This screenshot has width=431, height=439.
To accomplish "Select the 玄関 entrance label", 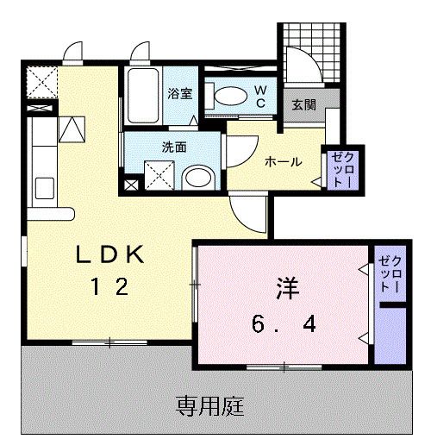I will click(303, 104).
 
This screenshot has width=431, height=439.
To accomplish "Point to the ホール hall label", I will click(282, 161).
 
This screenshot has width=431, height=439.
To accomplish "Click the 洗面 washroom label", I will click(175, 147).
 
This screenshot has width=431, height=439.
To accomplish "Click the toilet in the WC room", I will click(228, 97).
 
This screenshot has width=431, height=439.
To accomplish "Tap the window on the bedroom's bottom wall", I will click(283, 367).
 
